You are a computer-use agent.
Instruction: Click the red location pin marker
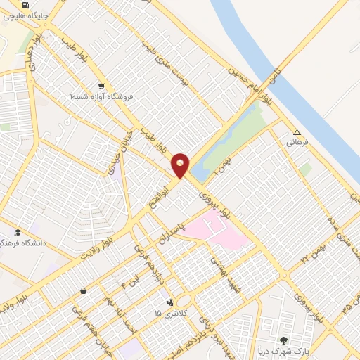pyautogui.click(x=181, y=165)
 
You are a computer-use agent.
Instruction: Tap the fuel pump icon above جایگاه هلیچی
pyautogui.click(x=25, y=5)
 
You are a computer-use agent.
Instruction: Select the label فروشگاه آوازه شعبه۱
pyautogui.click(x=101, y=96)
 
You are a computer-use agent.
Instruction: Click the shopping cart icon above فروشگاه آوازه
pyautogui.click(x=101, y=86)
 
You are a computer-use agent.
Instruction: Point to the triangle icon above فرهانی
pyautogui.click(x=297, y=132)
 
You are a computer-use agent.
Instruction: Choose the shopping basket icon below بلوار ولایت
pyautogui.click(x=83, y=290)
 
